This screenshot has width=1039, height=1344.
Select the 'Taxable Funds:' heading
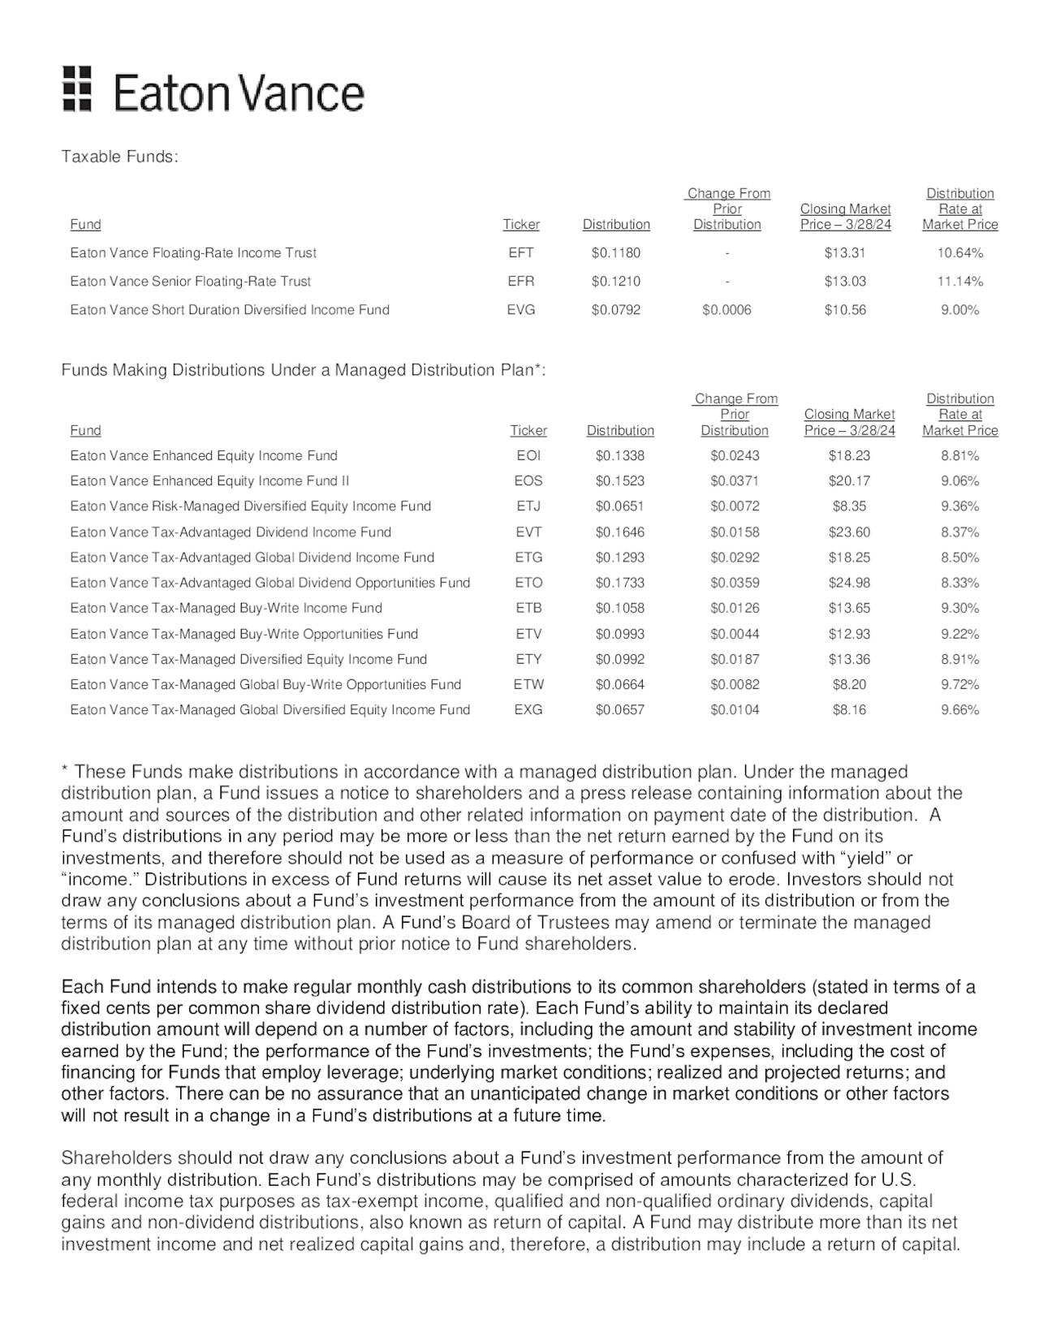pyautogui.click(x=119, y=157)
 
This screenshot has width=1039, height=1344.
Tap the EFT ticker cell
pyautogui.click(x=520, y=252)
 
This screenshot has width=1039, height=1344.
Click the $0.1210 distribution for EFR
pyautogui.click(x=615, y=281)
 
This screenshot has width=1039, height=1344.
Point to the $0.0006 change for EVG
pyautogui.click(x=726, y=309)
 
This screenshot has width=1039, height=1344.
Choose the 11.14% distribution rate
pyautogui.click(x=959, y=281)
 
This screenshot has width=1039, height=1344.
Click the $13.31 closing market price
pyautogui.click(x=845, y=252)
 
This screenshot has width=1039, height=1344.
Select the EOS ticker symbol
pyautogui.click(x=528, y=480)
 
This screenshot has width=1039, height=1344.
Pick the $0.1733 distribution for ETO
pyautogui.click(x=619, y=583)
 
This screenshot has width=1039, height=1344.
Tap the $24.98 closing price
pyautogui.click(x=849, y=583)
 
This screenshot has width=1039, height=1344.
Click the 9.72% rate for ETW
pyautogui.click(x=959, y=684)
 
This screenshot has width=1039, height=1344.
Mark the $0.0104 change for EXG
pyautogui.click(x=735, y=709)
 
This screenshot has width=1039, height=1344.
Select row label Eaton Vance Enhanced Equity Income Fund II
pyautogui.click(x=209, y=480)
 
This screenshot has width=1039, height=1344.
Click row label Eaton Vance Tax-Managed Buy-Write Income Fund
pyautogui.click(x=226, y=608)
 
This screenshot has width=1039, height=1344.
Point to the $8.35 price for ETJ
pyautogui.click(x=849, y=506)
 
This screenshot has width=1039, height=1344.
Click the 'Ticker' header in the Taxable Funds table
pyautogui.click(x=520, y=225)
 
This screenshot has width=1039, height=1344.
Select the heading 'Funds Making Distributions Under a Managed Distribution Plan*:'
pyautogui.click(x=304, y=370)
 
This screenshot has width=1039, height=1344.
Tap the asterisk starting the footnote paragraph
pyautogui.click(x=65, y=770)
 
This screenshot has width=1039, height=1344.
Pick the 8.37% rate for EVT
pyautogui.click(x=959, y=532)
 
